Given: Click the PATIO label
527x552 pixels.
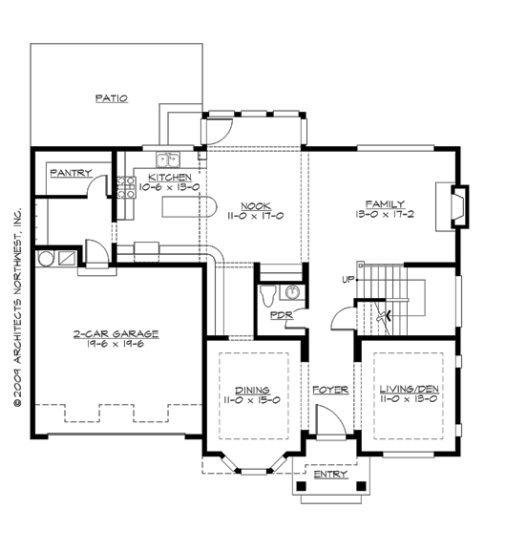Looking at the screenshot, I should click(112, 98).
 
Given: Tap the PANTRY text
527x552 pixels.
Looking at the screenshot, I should click(71, 173).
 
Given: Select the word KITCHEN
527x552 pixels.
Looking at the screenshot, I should click(170, 178).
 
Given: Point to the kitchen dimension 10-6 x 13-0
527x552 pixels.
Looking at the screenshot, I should click(168, 187).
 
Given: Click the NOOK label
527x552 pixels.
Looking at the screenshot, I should click(255, 206).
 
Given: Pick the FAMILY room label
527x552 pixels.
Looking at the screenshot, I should click(385, 203).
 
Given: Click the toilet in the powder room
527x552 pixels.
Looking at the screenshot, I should click(267, 292).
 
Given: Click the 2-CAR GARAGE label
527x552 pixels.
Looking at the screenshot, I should click(116, 334).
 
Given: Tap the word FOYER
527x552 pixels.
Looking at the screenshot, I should click(329, 391).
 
